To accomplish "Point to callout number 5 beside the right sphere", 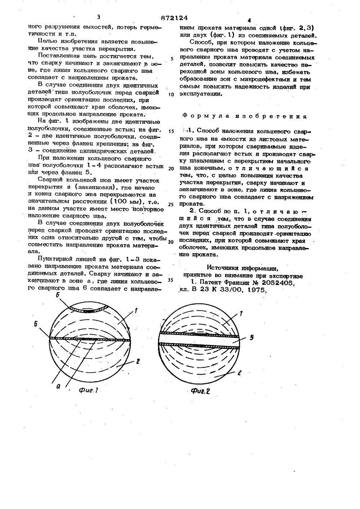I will (252, 337).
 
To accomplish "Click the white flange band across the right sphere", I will (199, 340).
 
